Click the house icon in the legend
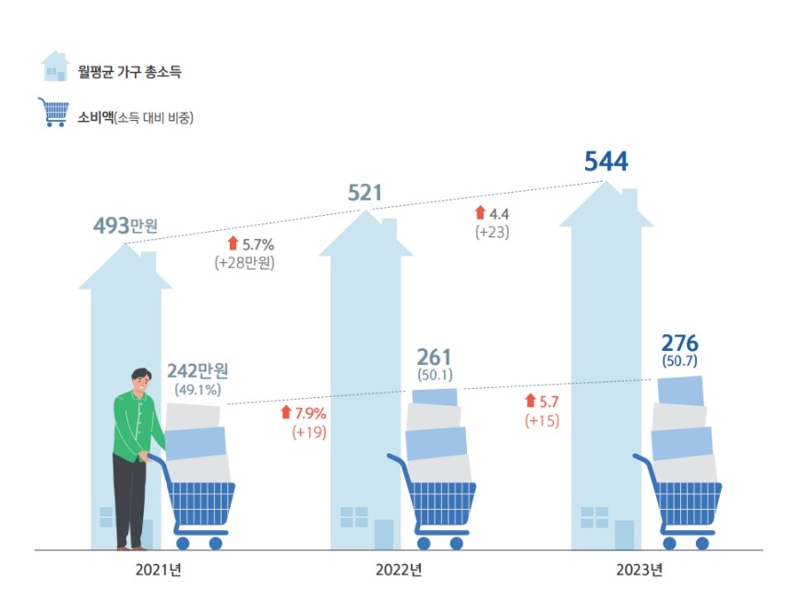pos(55,66)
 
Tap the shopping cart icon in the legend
pos(54,112)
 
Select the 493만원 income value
pos(126,225)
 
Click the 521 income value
pos(365,193)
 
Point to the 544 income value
pos(605,163)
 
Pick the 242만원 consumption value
pos(198,371)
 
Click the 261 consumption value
pos(434,356)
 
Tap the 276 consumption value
pos(679,343)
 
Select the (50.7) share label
pos(679,361)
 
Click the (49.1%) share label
pos(197,390)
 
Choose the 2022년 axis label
pos(399,569)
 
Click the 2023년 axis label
pos(639,569)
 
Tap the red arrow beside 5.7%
pos(233,244)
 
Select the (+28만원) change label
pos(245,262)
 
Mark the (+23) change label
pos(492,233)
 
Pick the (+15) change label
pos(542,420)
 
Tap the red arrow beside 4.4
pos(480,213)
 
